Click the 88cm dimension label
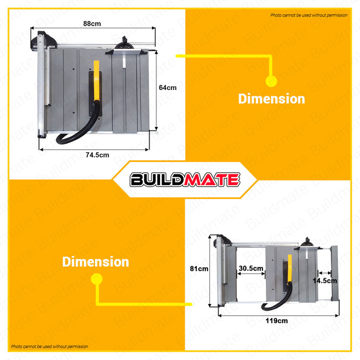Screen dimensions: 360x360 [x=93, y=24]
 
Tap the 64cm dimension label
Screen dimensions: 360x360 [x=167, y=87]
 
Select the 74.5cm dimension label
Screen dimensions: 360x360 [x=97, y=155]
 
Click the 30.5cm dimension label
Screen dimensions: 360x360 [x=251, y=268]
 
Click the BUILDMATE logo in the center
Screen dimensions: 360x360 [x=185, y=179]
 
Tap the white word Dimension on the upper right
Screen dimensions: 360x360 [x=271, y=99]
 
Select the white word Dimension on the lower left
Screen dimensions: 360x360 [x=96, y=262]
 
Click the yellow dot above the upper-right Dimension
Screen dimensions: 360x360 [x=271, y=80]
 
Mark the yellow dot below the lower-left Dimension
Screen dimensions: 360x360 [x=96, y=279]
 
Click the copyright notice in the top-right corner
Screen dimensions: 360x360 [x=309, y=15]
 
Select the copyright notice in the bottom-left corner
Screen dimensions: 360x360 [x=50, y=347]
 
